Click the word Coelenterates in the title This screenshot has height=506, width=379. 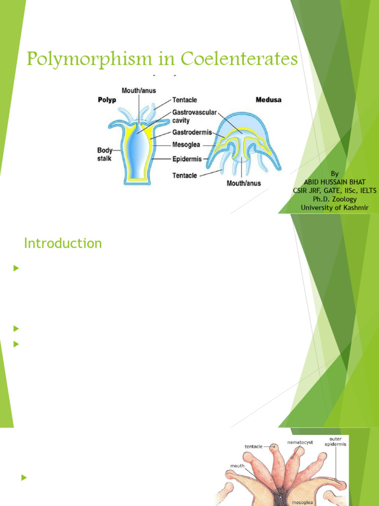tap(239, 60)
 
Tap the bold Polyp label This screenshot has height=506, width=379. tap(107, 99)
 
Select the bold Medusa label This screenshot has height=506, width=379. tap(268, 99)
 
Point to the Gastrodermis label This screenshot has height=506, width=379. tap(191, 132)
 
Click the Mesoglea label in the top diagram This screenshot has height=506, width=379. tap(187, 145)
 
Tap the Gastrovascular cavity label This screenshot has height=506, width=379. tap(194, 117)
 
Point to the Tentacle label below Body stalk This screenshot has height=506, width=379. tap(185, 175)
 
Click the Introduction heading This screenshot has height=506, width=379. tap(63, 243)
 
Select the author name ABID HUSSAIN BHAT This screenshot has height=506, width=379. tap(335, 182)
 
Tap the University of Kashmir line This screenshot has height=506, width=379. tap(335, 207)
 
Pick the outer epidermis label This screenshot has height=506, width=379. tap(335, 441)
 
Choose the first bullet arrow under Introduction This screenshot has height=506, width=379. tap(16, 268)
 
